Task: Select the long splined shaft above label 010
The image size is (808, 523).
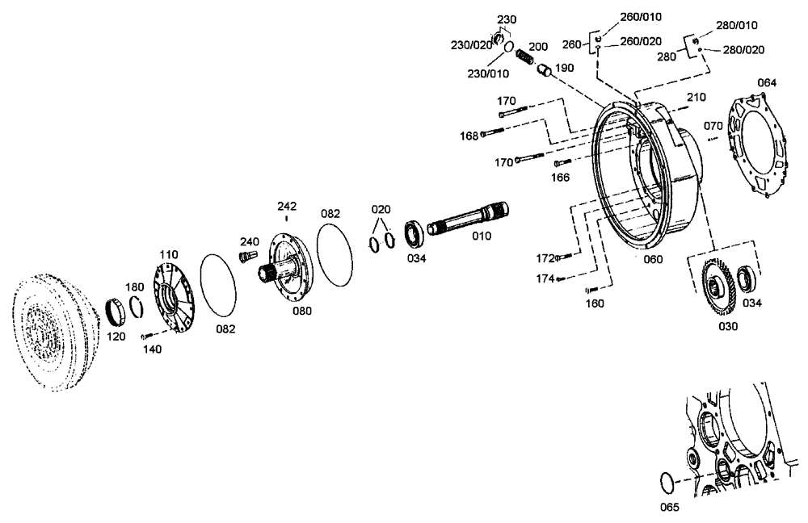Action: [x=468, y=220]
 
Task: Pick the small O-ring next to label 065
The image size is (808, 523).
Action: [x=664, y=483]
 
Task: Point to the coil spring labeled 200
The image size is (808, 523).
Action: [x=524, y=58]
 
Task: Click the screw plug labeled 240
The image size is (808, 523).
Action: [x=242, y=257]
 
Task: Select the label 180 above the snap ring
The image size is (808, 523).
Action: [x=135, y=287]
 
